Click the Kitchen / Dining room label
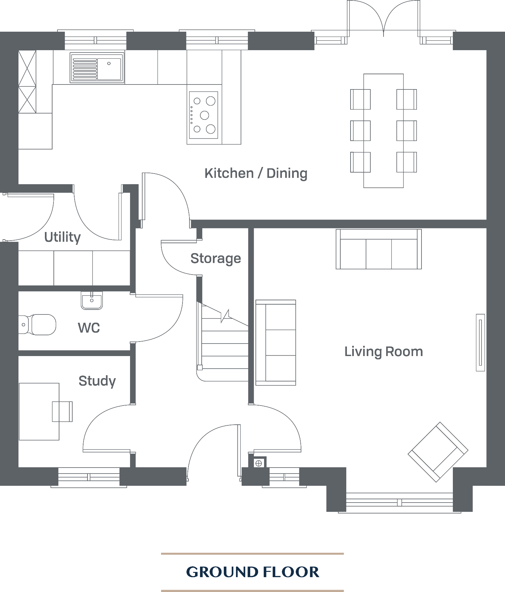point(256,173)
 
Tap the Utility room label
point(62,237)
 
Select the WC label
point(88,328)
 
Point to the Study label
point(97,381)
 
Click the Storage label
point(216,258)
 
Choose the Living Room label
point(384,352)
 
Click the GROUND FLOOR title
point(252,572)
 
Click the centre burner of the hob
point(205,115)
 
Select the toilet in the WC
point(38,324)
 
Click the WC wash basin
point(92,301)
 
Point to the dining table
point(384,131)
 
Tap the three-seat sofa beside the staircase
point(276,343)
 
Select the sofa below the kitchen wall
point(379,249)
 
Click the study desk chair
point(62,411)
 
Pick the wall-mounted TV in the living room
point(480,342)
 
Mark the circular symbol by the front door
point(259,463)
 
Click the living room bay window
point(399,502)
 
